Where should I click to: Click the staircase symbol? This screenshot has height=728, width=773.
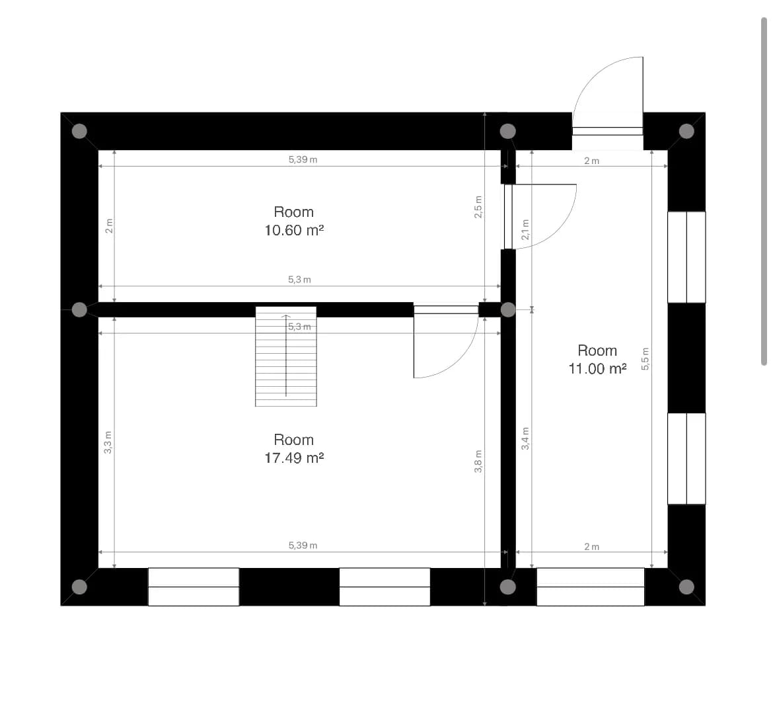coord(286,356)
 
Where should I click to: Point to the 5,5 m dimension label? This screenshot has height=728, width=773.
coord(645,358)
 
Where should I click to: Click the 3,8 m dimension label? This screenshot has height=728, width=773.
coord(478,462)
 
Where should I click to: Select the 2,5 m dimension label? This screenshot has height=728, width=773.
coord(478,207)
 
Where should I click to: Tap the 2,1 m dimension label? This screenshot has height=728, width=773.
coord(525,230)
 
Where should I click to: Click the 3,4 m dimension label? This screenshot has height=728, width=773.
coord(525,438)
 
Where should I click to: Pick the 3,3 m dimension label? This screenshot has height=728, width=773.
coord(108,442)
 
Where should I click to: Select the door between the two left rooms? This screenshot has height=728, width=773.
coord(446,342)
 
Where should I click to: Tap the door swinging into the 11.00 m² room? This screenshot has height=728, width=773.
coord(540,216)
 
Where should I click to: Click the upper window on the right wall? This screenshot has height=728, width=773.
coord(686,257)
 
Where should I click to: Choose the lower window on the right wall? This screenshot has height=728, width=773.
coord(686,459)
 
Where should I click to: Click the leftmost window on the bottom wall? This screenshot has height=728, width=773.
coord(194,587)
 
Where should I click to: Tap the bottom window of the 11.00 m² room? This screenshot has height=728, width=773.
coord(590,587)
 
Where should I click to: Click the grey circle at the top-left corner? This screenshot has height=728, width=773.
coord(79,131)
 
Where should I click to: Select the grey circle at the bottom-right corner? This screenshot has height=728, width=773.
coord(686,587)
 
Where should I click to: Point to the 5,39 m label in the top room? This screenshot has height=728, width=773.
coord(303,159)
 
